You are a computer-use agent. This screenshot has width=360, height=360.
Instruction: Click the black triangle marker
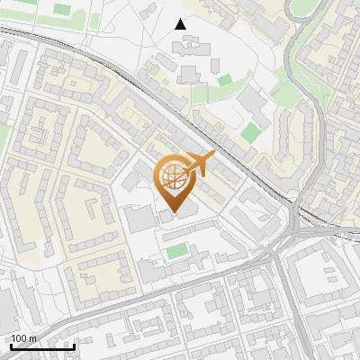(181, 24)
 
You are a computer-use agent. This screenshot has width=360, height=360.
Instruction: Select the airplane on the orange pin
(200, 164)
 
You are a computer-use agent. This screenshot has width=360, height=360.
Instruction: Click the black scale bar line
(42, 346)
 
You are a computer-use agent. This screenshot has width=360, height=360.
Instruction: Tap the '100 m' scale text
(24, 337)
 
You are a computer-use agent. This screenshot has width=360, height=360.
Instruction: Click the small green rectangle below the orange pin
(177, 251)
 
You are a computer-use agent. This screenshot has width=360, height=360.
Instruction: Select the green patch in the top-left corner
(61, 9)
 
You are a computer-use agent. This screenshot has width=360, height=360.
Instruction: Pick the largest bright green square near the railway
(250, 133)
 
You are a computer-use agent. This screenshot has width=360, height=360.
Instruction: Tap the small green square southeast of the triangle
(224, 81)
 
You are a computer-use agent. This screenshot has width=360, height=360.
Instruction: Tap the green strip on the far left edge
(4, 135)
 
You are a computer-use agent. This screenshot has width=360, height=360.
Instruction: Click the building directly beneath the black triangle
(189, 72)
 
